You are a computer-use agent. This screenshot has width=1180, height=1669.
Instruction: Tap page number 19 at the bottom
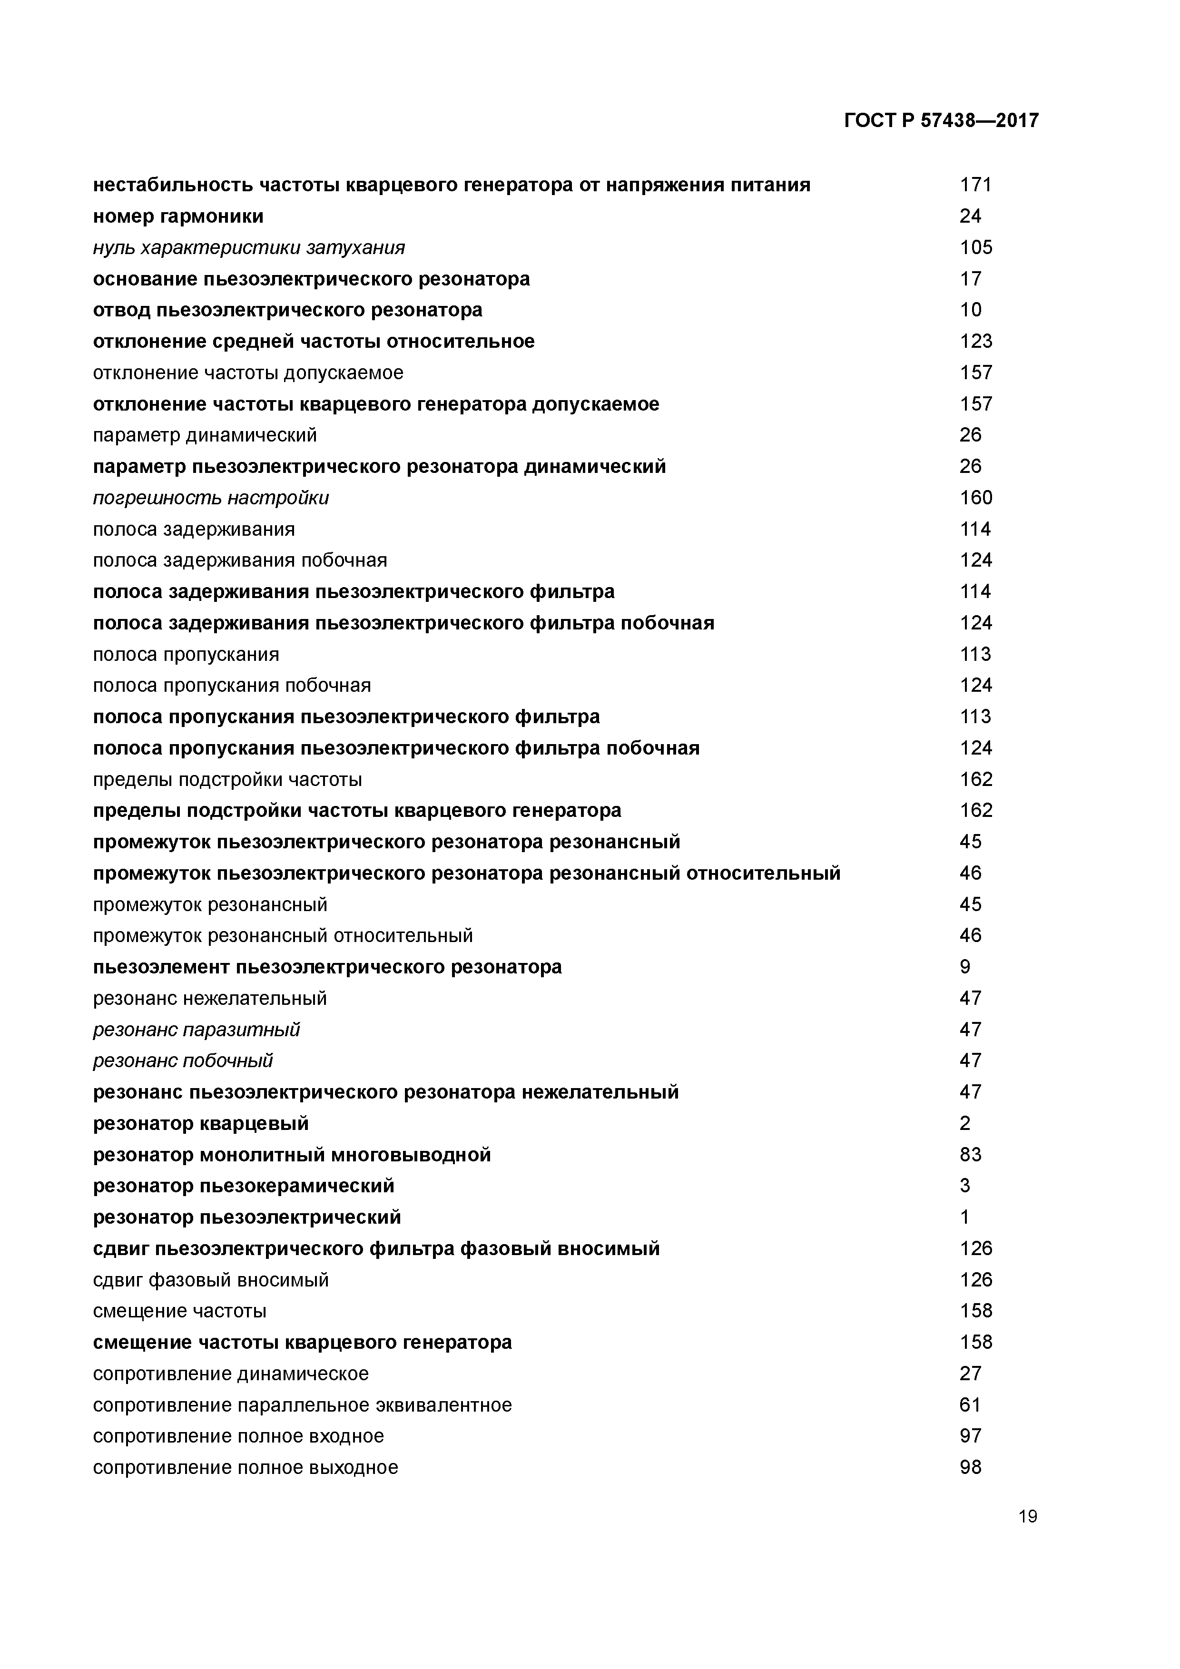pyautogui.click(x=1027, y=1516)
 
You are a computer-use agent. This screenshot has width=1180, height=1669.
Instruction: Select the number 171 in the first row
pyautogui.click(x=975, y=185)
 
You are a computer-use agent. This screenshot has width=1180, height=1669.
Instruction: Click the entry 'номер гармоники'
pyautogui.click(x=178, y=216)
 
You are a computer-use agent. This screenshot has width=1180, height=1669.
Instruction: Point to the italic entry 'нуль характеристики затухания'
pyautogui.click(x=249, y=248)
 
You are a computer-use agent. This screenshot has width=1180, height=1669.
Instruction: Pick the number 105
pyautogui.click(x=975, y=248)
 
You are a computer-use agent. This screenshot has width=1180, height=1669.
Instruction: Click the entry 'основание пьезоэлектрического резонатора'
pyautogui.click(x=311, y=279)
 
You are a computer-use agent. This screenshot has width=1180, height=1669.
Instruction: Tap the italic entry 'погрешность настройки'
pyautogui.click(x=211, y=498)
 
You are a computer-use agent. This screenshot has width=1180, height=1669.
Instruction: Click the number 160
pyautogui.click(x=975, y=498)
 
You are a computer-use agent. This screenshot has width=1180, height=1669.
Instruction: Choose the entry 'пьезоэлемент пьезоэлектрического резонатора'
pyautogui.click(x=327, y=967)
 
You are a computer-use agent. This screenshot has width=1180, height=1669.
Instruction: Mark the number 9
pyautogui.click(x=965, y=967)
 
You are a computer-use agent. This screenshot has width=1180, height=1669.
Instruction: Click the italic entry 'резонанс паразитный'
pyautogui.click(x=197, y=1029)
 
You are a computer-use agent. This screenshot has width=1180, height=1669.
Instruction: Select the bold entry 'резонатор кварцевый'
pyautogui.click(x=201, y=1123)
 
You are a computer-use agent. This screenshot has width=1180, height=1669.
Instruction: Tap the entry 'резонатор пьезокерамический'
pyautogui.click(x=244, y=1186)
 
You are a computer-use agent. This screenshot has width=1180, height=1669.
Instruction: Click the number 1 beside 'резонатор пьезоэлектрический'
pyautogui.click(x=965, y=1217)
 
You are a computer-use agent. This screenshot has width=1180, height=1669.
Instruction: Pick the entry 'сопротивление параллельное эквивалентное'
pyautogui.click(x=303, y=1404)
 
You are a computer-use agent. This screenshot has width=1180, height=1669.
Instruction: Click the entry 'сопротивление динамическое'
pyautogui.click(x=230, y=1373)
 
